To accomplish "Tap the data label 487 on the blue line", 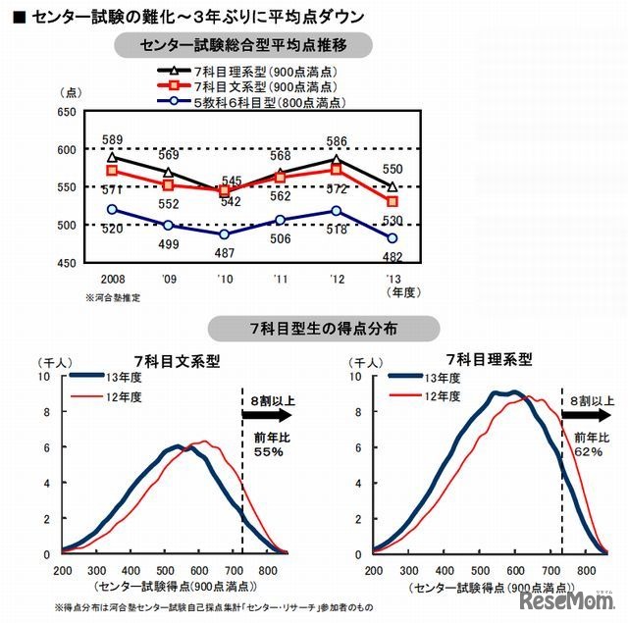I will coord(224,253).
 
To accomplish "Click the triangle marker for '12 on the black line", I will coord(337,158).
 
